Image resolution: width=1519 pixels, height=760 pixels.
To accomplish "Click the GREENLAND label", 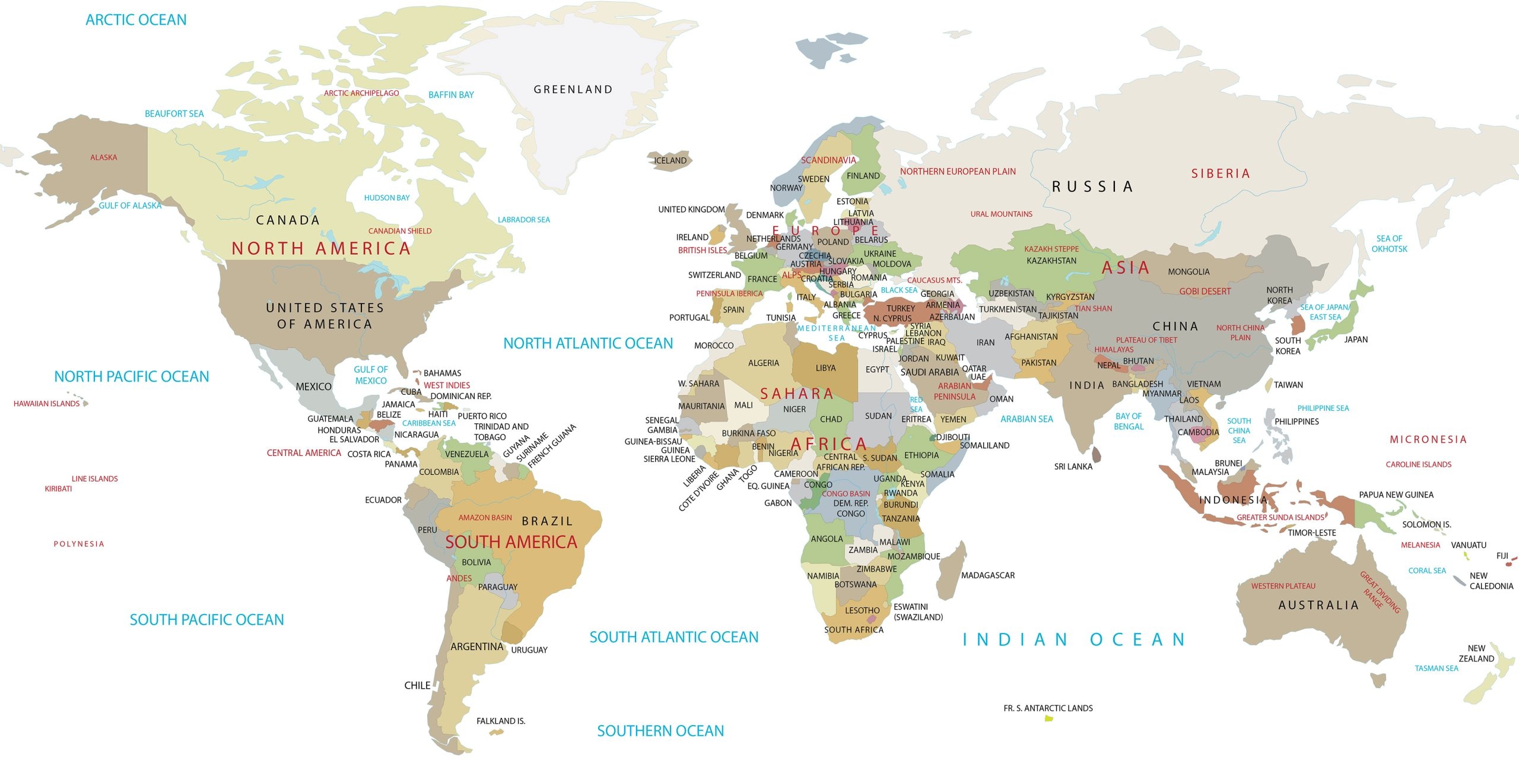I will pyautogui.click(x=573, y=90).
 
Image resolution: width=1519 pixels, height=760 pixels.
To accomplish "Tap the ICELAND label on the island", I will pyautogui.click(x=670, y=160).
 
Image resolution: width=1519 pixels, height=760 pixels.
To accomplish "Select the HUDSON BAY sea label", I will pyautogui.click(x=387, y=198).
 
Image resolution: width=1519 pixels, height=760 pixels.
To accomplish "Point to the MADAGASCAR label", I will pyautogui.click(x=987, y=575).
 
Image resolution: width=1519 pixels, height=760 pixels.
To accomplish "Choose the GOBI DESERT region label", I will pyautogui.click(x=1205, y=292).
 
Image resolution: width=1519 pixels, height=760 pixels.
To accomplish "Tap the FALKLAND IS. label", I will pyautogui.click(x=500, y=721).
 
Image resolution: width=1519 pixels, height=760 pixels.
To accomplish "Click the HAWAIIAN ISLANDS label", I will pyautogui.click(x=46, y=404).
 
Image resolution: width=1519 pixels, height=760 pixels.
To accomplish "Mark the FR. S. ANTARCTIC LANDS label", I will pyautogui.click(x=1048, y=708).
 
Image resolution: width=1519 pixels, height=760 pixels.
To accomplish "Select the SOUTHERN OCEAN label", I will pyautogui.click(x=660, y=731).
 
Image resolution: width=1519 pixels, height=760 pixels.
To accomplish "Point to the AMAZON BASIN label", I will pyautogui.click(x=485, y=518).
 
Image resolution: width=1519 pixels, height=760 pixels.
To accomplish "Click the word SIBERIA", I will pyautogui.click(x=1220, y=173).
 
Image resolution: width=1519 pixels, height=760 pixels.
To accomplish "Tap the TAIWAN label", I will pyautogui.click(x=1288, y=385).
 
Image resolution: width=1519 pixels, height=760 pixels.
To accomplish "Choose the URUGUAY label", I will pyautogui.click(x=529, y=650).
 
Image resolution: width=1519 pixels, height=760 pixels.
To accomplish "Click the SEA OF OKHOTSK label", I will pyautogui.click(x=1389, y=243).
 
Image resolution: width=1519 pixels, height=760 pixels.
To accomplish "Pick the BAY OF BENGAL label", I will pyautogui.click(x=1128, y=421).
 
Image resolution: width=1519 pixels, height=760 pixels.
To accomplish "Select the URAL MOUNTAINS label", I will pyautogui.click(x=1001, y=214).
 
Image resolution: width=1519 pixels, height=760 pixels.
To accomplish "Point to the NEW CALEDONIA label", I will pyautogui.click(x=1491, y=581).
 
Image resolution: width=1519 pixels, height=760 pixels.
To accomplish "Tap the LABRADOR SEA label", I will pyautogui.click(x=523, y=220).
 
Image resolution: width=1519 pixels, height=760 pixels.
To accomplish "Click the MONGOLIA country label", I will pyautogui.click(x=1188, y=272).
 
